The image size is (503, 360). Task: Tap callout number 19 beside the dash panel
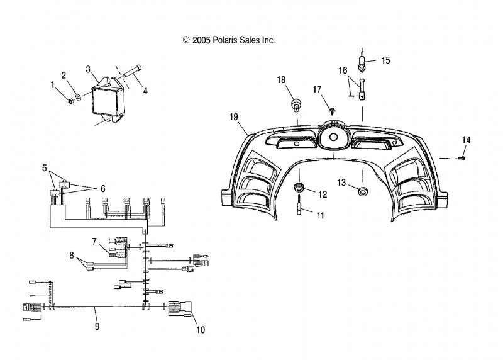234,117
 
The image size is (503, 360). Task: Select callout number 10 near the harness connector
201,329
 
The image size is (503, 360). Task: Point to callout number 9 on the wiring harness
96,327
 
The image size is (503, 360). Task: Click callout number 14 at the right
466,139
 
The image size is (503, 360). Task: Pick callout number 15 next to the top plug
385,60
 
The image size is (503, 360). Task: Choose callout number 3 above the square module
89,69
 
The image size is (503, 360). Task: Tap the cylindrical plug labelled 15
363,64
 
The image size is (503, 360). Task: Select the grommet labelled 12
300,187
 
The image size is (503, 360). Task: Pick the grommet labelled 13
363,191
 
